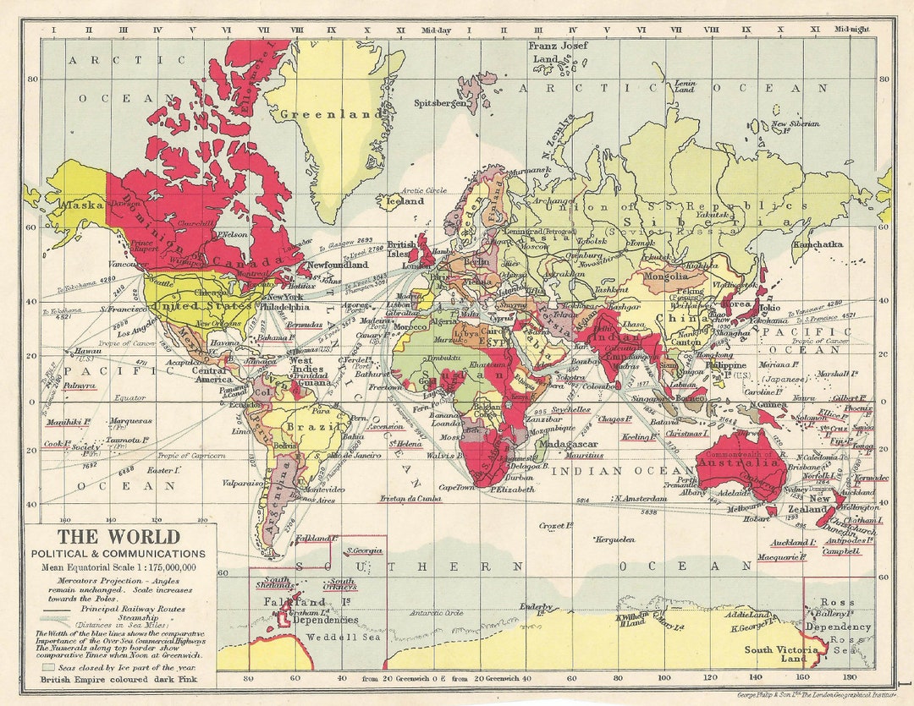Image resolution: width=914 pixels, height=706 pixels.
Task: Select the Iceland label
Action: tap(404, 201)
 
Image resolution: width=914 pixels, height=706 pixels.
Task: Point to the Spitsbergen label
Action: tap(439, 103)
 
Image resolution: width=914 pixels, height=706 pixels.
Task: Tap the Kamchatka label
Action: tap(818, 244)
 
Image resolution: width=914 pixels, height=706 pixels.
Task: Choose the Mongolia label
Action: tap(667, 276)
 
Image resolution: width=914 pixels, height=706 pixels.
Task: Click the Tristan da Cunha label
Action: tap(410, 499)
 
